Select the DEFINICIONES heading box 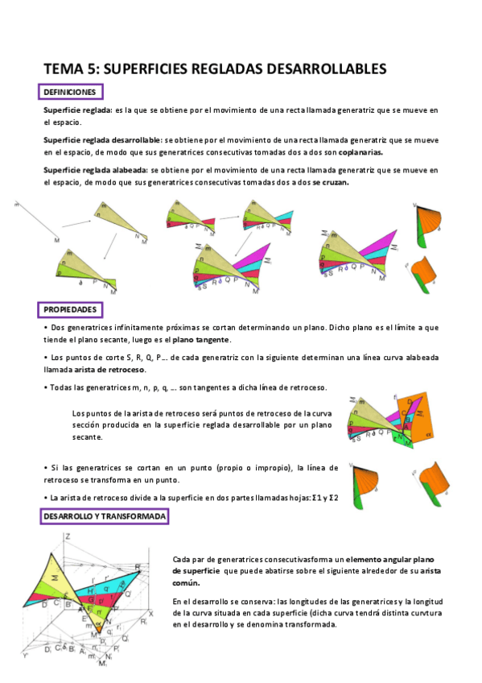click(70, 93)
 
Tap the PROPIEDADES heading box click(70, 309)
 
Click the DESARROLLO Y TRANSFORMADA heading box click(105, 516)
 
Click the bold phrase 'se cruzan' click(332, 183)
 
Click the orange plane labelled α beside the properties click(420, 420)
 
